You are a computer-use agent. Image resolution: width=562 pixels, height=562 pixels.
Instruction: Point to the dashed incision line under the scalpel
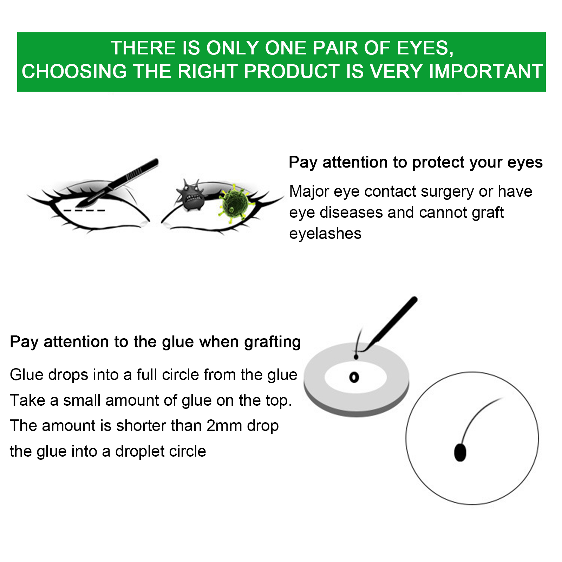tap(84, 210)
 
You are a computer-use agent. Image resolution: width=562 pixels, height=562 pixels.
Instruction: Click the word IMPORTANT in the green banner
tap(486, 71)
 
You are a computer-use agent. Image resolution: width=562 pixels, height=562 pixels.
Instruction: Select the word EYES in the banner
tap(425, 48)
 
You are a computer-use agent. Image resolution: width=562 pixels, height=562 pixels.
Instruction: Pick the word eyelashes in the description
tap(325, 234)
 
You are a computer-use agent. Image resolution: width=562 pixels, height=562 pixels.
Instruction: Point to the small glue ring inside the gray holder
tap(354, 377)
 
